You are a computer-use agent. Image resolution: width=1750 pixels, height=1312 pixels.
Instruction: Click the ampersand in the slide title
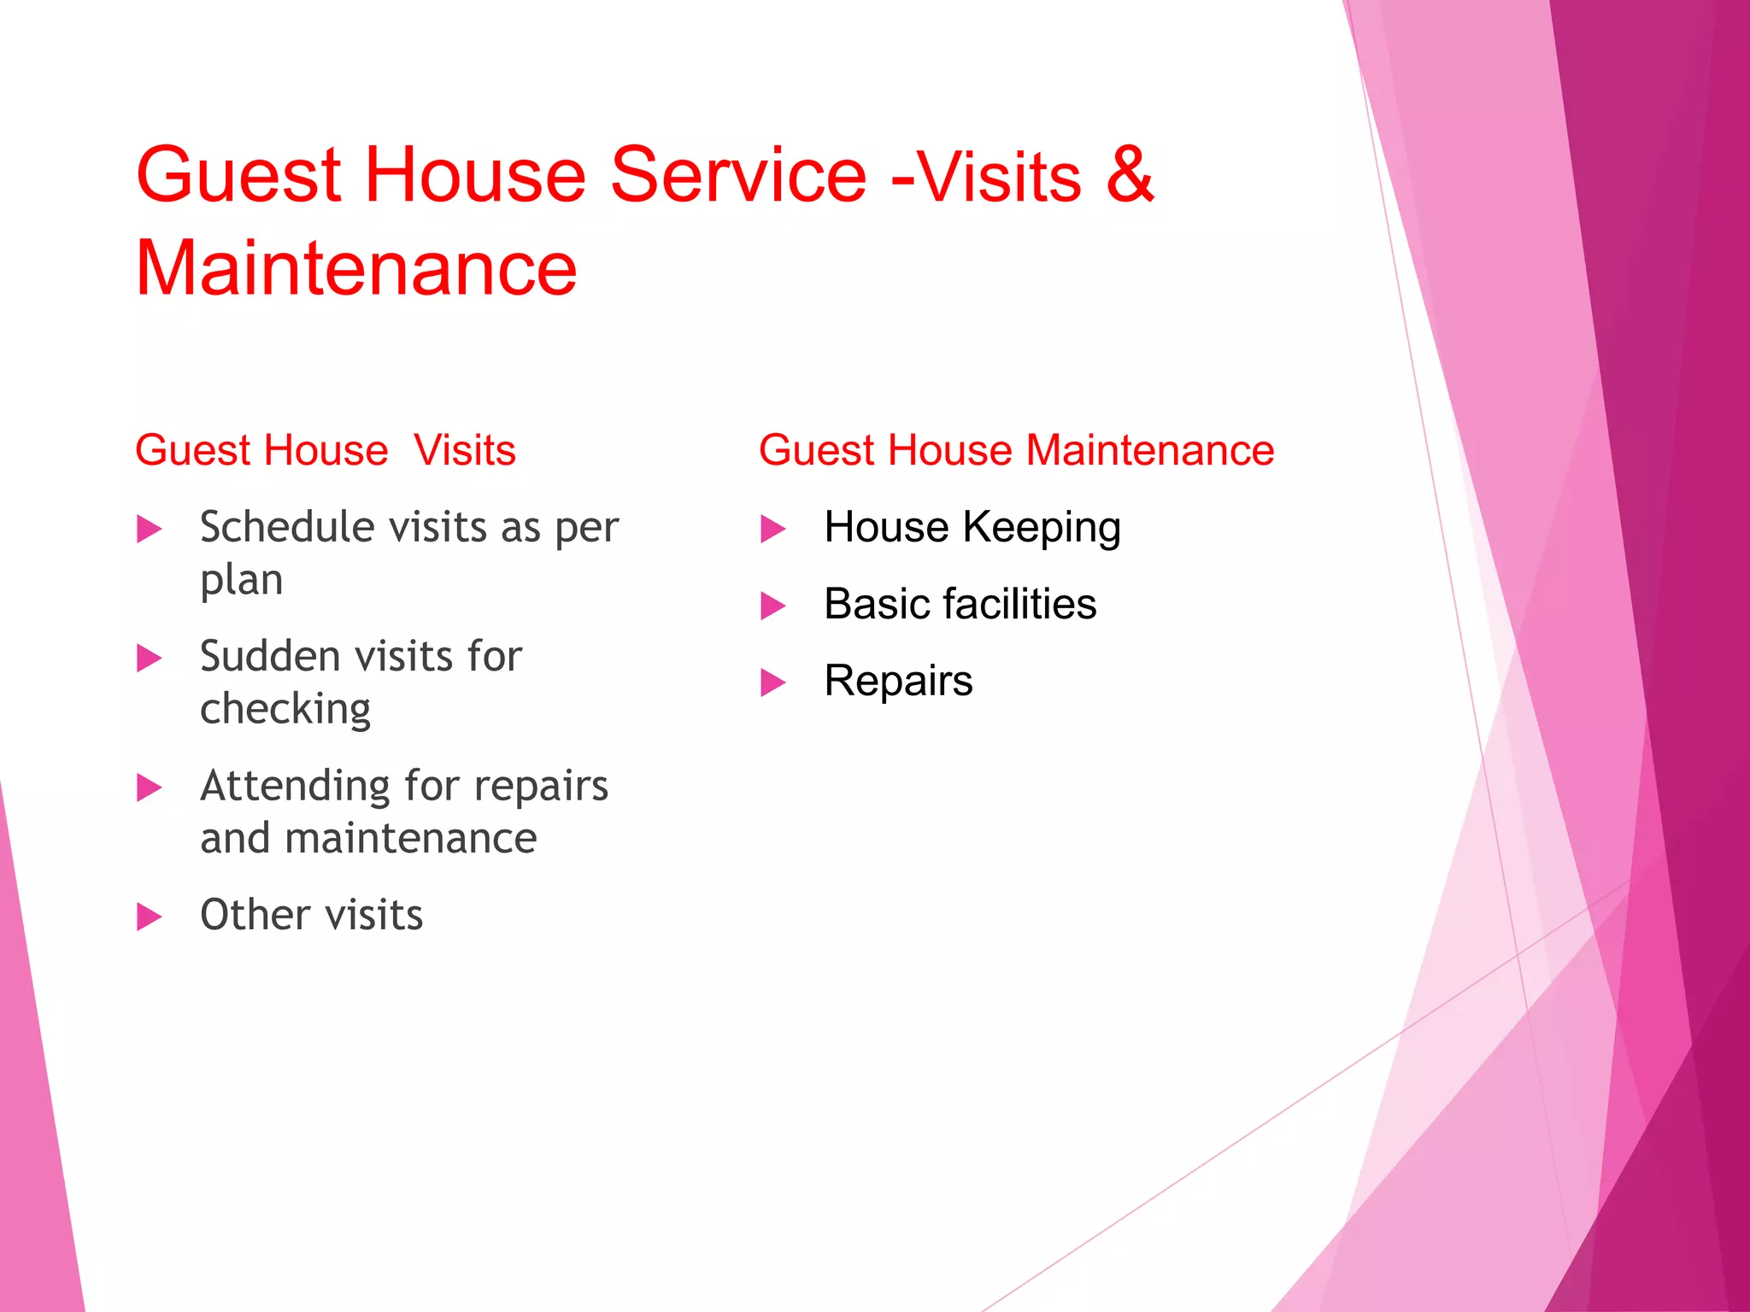[x=1130, y=174]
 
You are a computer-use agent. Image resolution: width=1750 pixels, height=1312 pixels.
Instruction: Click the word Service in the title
[x=739, y=174]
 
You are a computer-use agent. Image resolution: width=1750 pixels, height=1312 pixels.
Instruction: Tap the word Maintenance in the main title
[x=356, y=268]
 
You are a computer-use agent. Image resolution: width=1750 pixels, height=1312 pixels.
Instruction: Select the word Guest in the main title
[x=238, y=174]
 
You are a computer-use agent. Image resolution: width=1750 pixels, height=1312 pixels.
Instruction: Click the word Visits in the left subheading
[x=465, y=450]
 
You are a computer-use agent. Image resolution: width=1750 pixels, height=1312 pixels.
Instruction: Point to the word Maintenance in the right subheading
[x=1149, y=450]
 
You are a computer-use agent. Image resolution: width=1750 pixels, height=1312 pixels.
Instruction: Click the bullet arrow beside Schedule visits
[x=150, y=529]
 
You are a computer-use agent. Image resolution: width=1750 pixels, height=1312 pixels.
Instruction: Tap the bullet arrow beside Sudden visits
[x=150, y=658]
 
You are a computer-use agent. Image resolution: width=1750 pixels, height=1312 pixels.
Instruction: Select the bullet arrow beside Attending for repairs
[x=150, y=788]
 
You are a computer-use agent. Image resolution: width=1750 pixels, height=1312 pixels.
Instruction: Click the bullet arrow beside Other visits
[x=150, y=917]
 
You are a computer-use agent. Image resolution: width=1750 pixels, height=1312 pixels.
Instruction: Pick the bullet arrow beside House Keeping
[x=773, y=529]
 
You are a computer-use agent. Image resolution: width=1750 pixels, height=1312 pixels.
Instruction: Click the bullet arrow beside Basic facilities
[x=773, y=606]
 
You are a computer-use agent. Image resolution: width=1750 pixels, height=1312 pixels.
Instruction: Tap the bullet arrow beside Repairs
[x=773, y=682]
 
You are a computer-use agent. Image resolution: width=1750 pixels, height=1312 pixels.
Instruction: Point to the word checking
[x=285, y=709]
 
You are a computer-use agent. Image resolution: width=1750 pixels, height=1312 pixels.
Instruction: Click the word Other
[x=255, y=915]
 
